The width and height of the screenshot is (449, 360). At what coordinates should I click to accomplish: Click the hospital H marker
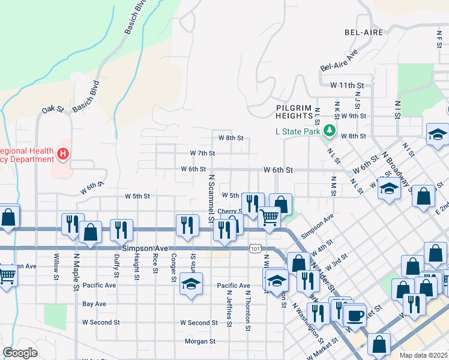click(62, 155)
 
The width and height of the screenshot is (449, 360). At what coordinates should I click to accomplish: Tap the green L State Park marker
click(328, 130)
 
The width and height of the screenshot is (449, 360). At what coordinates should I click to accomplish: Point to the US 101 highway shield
click(255, 248)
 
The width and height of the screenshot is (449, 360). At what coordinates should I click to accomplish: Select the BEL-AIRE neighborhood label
click(364, 32)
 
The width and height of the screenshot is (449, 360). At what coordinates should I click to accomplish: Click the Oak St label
click(53, 110)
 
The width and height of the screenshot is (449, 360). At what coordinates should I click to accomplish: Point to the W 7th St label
click(202, 153)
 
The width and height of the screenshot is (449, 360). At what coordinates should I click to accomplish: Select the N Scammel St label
click(211, 198)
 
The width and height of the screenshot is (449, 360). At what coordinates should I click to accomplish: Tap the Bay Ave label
click(94, 304)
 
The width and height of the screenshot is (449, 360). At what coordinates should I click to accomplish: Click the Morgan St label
click(200, 341)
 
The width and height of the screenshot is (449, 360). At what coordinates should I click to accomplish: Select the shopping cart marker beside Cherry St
click(270, 217)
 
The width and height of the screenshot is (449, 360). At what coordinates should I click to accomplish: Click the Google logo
click(20, 353)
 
